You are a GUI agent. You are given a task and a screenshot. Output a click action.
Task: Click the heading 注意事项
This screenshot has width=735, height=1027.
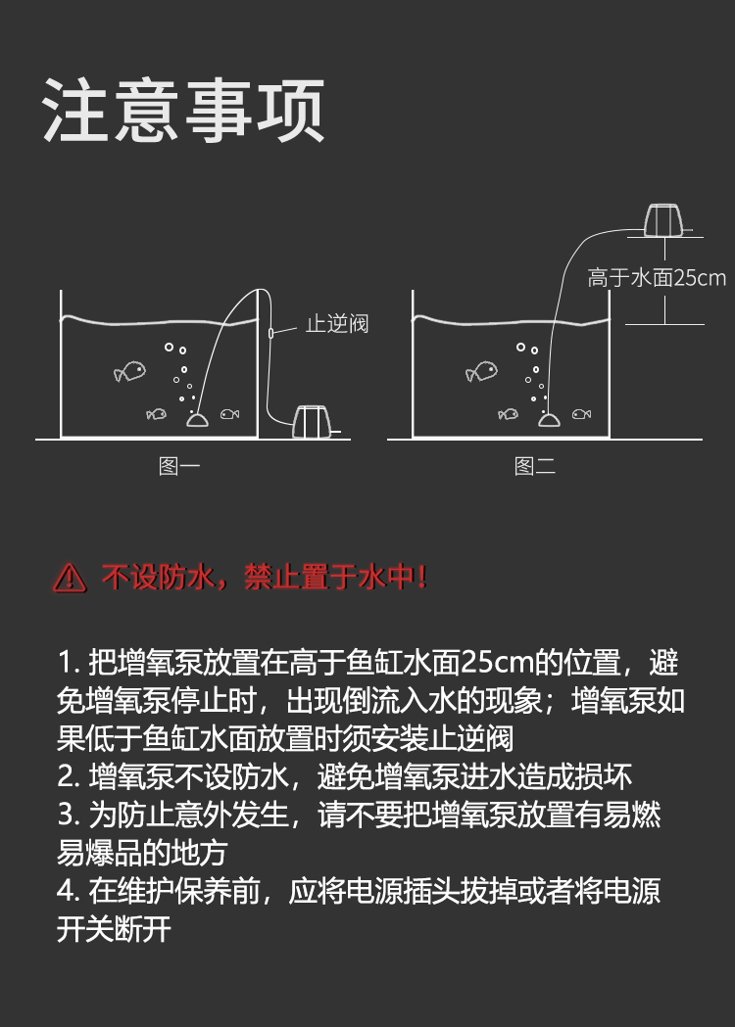(183, 110)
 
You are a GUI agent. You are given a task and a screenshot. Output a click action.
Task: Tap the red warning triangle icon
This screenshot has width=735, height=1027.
(70, 579)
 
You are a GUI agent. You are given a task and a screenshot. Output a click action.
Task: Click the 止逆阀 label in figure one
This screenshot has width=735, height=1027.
(337, 323)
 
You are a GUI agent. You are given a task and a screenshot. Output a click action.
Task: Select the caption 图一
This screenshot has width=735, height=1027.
(179, 466)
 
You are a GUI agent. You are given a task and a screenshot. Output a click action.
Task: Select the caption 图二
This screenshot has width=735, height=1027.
(535, 466)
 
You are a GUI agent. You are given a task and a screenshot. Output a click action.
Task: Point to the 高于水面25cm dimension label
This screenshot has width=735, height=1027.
(657, 278)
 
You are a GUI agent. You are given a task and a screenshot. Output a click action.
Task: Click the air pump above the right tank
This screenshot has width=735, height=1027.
(663, 220)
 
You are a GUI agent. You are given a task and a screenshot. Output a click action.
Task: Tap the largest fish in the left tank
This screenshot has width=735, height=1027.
(129, 371)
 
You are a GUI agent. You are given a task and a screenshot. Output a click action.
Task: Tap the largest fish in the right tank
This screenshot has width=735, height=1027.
(482, 371)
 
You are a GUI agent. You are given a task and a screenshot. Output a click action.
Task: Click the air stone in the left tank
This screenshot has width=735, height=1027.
(197, 420)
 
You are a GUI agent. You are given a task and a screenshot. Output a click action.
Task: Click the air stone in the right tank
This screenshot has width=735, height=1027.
(550, 420)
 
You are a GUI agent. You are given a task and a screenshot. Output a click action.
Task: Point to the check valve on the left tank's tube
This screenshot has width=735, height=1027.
(270, 334)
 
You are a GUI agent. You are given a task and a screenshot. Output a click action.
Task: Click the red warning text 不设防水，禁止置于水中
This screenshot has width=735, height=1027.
(265, 578)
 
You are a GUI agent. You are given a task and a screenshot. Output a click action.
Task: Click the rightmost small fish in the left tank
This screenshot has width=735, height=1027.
(229, 414)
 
